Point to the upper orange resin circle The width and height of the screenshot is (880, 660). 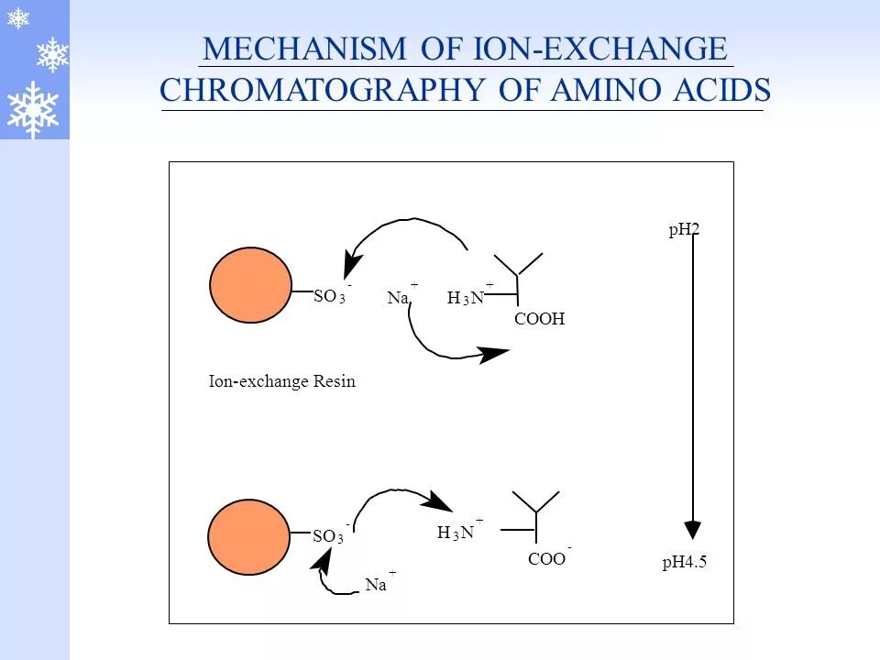tap(250, 285)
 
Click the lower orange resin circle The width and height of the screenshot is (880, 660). tap(248, 537)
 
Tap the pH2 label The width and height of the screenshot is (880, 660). tap(684, 230)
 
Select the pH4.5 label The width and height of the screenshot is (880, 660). tap(685, 563)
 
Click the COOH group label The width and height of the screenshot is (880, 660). tap(539, 319)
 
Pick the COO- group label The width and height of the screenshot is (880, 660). tap(548, 558)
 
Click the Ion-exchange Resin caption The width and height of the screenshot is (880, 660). tap(282, 382)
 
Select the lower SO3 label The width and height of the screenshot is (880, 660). tap(328, 536)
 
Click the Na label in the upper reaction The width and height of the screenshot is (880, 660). tap(399, 298)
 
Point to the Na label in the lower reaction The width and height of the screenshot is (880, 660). tap(376, 585)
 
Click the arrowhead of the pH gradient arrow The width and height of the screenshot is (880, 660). tap(693, 529)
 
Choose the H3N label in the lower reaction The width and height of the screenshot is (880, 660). tap(456, 533)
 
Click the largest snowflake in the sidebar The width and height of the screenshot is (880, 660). tap(33, 109)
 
